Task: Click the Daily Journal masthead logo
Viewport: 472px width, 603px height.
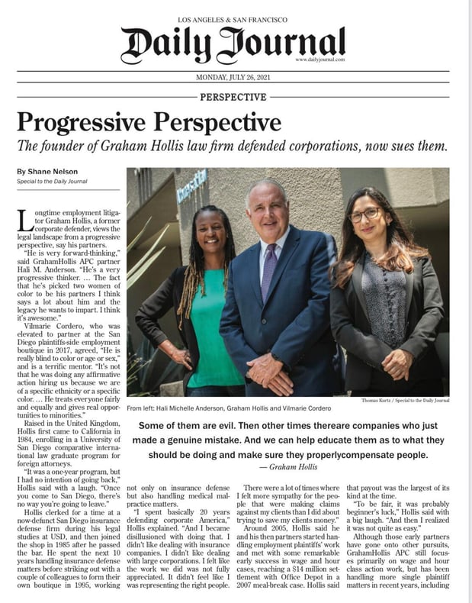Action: click(x=232, y=45)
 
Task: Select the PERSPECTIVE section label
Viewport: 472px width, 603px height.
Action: click(x=233, y=97)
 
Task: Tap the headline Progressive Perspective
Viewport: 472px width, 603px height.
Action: click(x=149, y=121)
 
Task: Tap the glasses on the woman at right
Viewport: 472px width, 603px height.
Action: click(x=365, y=215)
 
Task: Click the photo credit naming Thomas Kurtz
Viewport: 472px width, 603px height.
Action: click(x=405, y=400)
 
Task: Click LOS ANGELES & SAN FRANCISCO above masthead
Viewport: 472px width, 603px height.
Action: click(x=232, y=17)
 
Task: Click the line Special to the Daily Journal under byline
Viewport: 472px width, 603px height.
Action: click(x=50, y=182)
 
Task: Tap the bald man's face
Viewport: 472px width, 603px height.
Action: click(x=267, y=208)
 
